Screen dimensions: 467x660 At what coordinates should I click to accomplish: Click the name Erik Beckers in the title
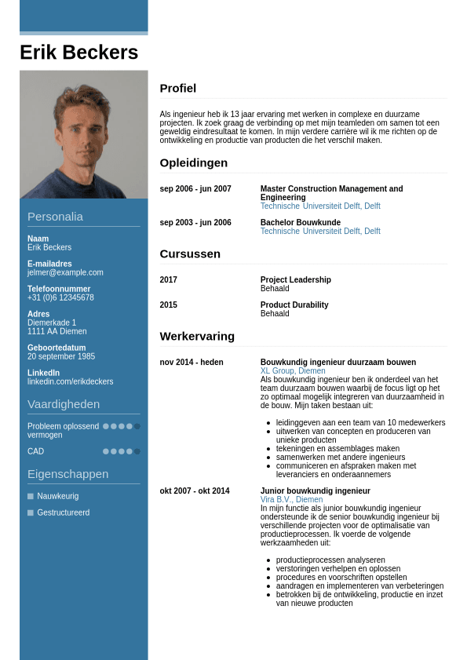coord(78,53)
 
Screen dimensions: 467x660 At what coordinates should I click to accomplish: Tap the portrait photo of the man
coord(83,134)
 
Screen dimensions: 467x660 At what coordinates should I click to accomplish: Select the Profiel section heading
coord(178,88)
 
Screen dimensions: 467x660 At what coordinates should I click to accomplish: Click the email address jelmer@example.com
coord(65,272)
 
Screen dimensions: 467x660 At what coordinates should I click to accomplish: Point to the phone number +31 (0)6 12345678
coord(60,297)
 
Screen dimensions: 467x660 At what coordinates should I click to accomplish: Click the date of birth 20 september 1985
coord(61,356)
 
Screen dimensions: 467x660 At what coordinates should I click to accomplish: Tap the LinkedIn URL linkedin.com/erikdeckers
coord(70,381)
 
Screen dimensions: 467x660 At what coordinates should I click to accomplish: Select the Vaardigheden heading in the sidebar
coord(64,404)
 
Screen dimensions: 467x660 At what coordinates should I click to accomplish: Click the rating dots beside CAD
coord(122,451)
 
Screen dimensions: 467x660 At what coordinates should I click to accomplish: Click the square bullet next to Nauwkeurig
coord(31,496)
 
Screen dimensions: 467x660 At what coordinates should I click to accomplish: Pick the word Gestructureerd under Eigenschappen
coord(64,512)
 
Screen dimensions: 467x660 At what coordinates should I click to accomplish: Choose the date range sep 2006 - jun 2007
coord(195,189)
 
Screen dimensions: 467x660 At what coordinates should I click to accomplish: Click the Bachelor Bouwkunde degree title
coord(301,223)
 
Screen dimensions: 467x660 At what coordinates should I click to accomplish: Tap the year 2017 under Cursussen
coord(169,280)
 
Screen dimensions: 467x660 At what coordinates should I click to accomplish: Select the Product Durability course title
coord(294,305)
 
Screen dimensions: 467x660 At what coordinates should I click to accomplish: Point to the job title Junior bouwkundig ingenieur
coord(316,491)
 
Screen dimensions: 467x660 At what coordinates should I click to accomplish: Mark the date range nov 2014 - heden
coord(192,363)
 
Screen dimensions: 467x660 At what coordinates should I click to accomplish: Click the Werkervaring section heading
coord(197,336)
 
